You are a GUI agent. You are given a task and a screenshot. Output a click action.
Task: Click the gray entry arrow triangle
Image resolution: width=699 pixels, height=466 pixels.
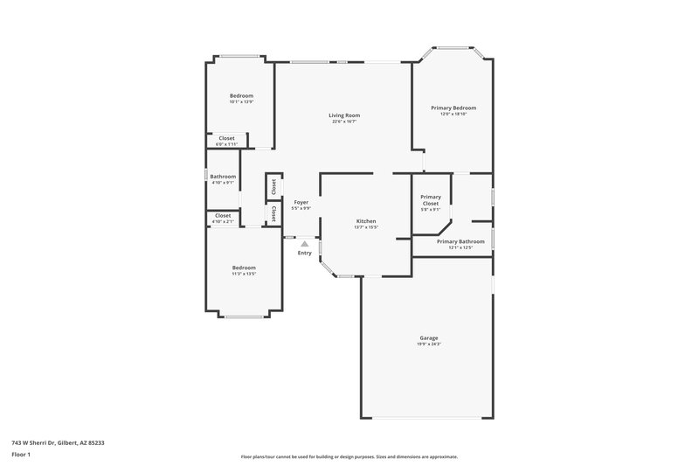[x=304, y=245]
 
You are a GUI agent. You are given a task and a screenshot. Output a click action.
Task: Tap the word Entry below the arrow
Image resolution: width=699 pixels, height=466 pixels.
[x=304, y=254]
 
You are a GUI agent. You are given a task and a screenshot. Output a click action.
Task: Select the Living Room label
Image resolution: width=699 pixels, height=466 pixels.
[x=343, y=115]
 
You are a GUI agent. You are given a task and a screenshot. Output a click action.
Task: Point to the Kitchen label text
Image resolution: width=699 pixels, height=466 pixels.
[x=366, y=221]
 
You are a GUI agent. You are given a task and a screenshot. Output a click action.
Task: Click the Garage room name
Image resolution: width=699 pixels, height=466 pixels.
[x=428, y=337]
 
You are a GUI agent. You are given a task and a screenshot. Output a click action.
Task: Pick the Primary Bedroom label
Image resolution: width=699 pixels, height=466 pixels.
[x=453, y=108]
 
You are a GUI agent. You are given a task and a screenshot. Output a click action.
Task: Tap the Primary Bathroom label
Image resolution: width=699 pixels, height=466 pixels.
[x=460, y=241]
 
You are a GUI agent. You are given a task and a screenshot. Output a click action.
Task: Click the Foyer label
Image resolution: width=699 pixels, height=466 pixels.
[x=301, y=202]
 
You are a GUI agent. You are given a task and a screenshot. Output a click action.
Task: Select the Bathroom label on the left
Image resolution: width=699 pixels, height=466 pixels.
[x=223, y=177]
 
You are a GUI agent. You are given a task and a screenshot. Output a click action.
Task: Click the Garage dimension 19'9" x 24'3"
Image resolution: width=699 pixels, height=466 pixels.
[x=428, y=344]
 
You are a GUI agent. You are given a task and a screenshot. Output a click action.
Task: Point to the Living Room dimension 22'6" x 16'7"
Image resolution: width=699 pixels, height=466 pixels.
[x=343, y=122]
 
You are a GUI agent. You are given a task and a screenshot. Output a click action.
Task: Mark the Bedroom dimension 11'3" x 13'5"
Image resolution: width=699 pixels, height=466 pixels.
[x=244, y=274]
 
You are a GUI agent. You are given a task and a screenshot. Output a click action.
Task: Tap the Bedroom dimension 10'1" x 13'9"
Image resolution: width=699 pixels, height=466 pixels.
[x=241, y=102]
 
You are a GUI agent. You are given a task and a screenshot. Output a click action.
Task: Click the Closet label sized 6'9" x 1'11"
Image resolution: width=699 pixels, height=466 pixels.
[x=226, y=138]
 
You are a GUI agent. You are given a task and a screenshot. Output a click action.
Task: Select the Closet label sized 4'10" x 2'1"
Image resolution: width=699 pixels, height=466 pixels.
[x=223, y=216]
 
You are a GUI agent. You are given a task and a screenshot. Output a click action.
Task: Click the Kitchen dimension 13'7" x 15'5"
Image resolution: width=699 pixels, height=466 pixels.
[x=366, y=227]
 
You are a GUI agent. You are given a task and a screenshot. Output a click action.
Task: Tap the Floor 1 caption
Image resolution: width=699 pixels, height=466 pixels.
[x=21, y=456]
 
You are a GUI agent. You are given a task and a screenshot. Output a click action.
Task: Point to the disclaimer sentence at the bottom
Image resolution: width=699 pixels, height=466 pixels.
[x=349, y=456]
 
